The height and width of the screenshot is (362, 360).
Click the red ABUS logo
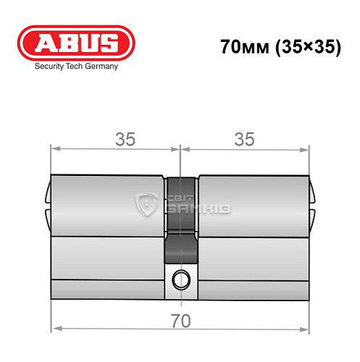tap(75, 44)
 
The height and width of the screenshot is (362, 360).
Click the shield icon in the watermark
tap(148, 205)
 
